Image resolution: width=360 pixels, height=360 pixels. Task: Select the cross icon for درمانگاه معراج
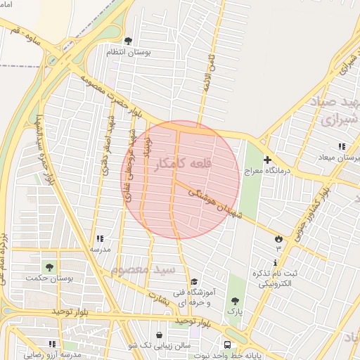(x=267, y=160)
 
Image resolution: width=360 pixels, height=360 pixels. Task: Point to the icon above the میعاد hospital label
(x=342, y=146)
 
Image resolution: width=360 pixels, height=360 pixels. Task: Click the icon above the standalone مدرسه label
(x=99, y=238)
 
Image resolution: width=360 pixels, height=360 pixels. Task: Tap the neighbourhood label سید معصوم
(x=152, y=270)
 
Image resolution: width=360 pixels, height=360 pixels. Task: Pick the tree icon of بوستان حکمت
(x=49, y=266)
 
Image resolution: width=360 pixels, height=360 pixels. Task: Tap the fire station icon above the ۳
(x=278, y=238)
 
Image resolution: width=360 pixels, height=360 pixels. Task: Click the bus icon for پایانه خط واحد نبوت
(x=228, y=345)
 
